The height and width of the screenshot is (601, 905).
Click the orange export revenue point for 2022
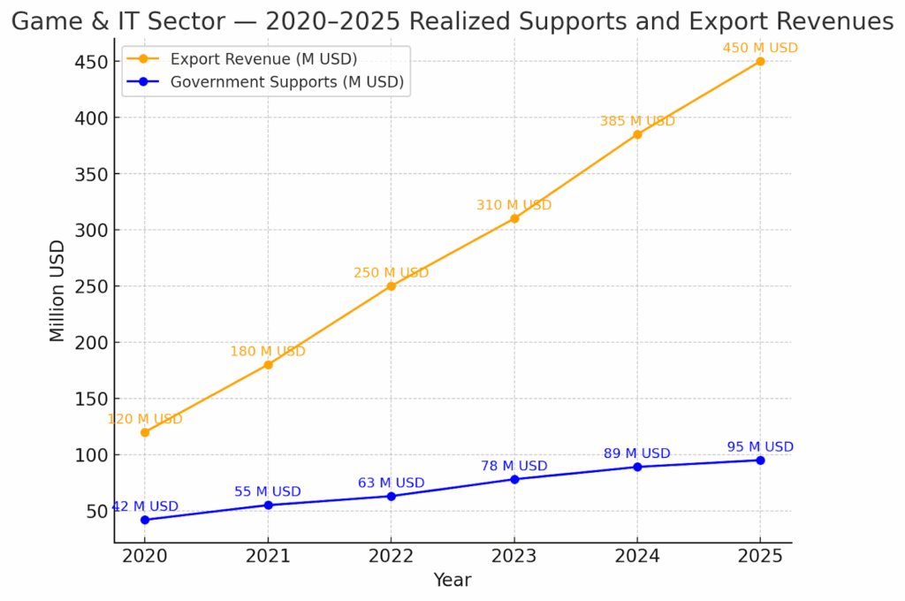pyautogui.click(x=391, y=286)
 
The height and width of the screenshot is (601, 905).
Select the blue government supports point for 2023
pyautogui.click(x=514, y=479)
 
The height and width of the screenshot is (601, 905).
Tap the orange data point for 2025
pyautogui.click(x=760, y=62)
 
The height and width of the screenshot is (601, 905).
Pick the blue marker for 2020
pyautogui.click(x=145, y=520)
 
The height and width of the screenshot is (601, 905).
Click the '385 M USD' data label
pyautogui.click(x=637, y=121)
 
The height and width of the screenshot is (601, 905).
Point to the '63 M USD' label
pyautogui.click(x=391, y=483)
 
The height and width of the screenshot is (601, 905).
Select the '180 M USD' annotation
pyautogui.click(x=268, y=352)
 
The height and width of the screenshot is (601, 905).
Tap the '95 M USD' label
pyautogui.click(x=760, y=447)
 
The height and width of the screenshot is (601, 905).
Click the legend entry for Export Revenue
pyautogui.click(x=262, y=59)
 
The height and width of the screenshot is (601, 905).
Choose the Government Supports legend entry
pyautogui.click(x=286, y=82)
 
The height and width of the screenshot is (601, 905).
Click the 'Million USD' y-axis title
pyautogui.click(x=57, y=291)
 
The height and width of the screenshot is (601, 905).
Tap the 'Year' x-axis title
pyautogui.click(x=452, y=581)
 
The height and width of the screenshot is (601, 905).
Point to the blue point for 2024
pyautogui.click(x=637, y=467)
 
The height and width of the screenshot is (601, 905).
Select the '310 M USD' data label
pyautogui.click(x=513, y=205)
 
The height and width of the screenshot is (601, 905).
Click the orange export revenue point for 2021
pyautogui.click(x=268, y=364)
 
